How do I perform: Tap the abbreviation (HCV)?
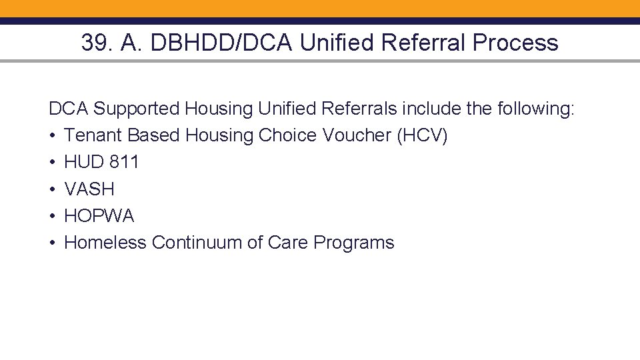423,135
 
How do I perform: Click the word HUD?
84,162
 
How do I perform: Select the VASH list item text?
89,189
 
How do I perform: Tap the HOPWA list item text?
99,216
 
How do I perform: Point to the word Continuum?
195,243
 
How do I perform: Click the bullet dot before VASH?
52,189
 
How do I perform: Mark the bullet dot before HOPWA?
52,216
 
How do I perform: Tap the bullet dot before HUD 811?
52,163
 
